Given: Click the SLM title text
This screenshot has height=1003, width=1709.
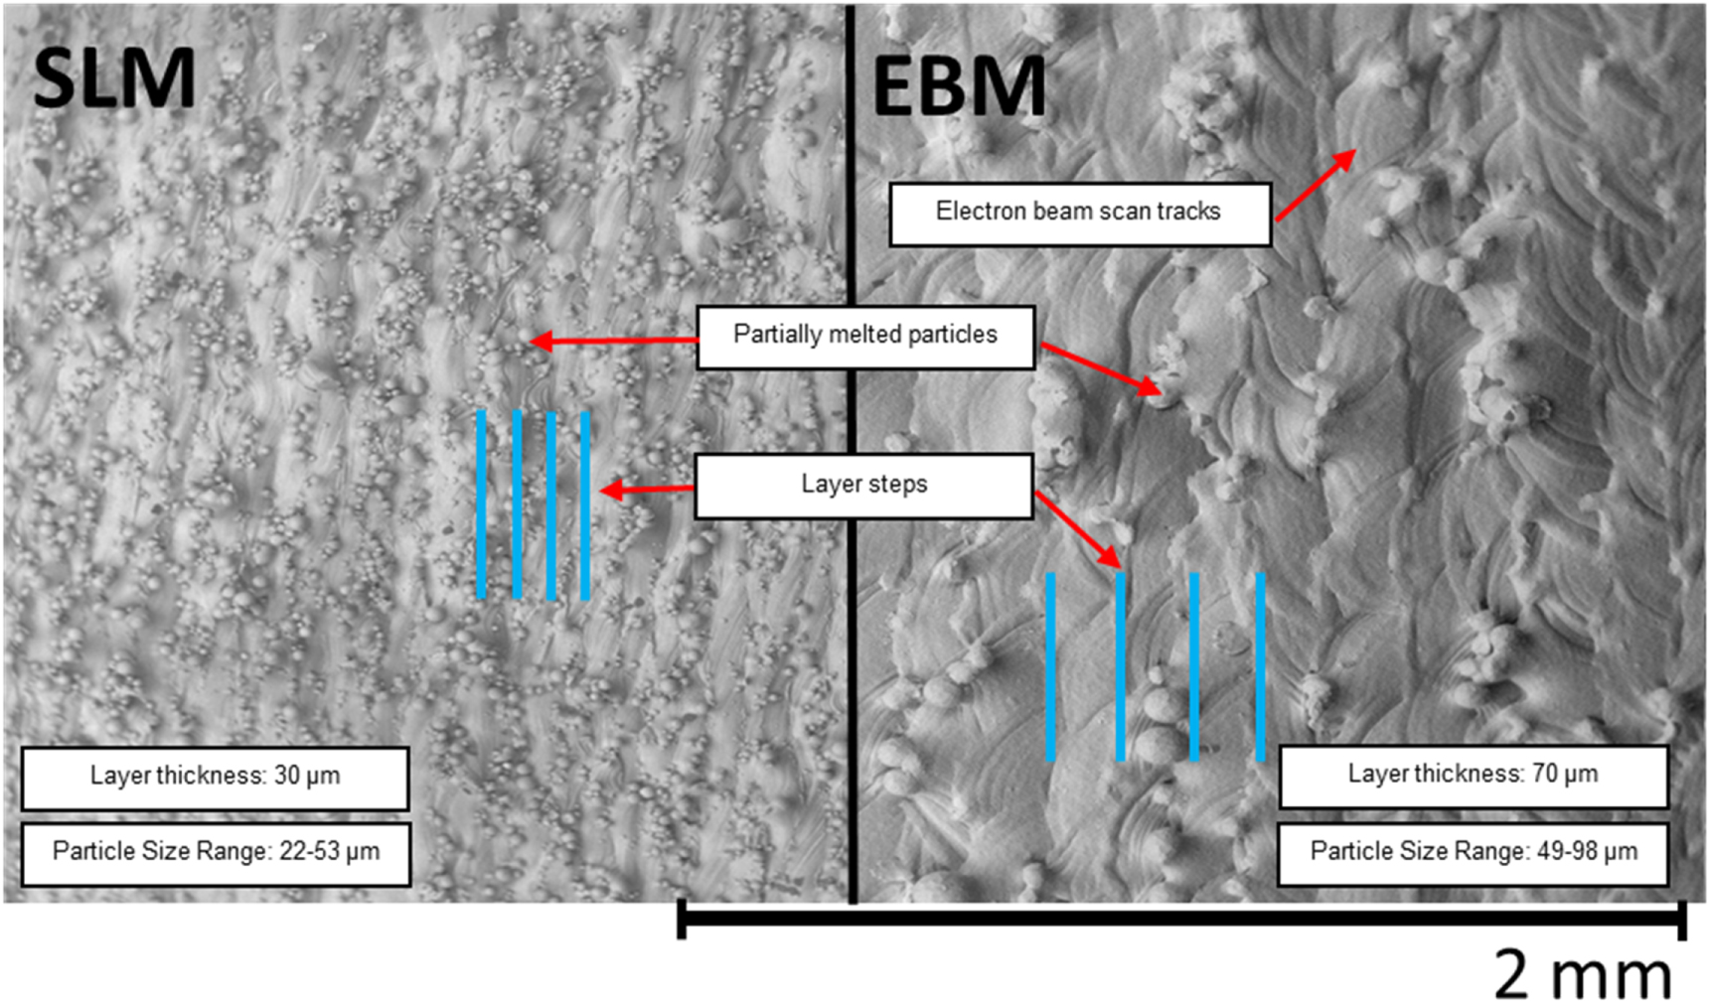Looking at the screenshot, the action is coord(114,78).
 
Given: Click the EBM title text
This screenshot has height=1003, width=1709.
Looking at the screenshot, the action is coord(959,86).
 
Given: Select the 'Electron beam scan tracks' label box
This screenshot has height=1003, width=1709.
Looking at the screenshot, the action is coord(1080,214).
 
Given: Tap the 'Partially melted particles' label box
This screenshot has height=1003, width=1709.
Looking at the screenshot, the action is coord(865,337).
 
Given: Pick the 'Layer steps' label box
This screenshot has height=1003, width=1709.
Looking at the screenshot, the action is coord(863,486).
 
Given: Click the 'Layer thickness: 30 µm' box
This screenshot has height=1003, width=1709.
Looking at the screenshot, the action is coord(215,779).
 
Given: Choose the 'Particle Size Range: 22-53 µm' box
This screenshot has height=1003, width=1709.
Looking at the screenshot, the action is coord(216,854).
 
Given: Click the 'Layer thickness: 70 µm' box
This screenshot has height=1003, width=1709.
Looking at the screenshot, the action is coord(1473,777).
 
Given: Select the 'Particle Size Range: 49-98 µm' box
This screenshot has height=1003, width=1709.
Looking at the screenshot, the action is coord(1473,853).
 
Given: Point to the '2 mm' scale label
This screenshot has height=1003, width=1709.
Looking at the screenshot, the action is coord(1584,975).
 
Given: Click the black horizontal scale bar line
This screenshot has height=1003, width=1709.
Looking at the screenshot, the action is coord(1181,919).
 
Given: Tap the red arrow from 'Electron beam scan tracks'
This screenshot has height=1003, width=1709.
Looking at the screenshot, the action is coord(1316,185).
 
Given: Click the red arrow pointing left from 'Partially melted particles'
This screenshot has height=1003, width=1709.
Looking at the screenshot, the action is coord(613,342).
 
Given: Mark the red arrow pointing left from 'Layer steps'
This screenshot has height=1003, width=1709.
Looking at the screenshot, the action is coord(647,490).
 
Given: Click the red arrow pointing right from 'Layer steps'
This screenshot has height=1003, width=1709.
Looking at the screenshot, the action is coord(1078,529).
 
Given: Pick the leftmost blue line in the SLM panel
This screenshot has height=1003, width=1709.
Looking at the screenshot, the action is coord(481,504).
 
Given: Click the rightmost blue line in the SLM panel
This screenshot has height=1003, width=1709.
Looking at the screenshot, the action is coord(585,505).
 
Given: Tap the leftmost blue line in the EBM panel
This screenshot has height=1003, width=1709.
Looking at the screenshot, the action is coord(1050,666).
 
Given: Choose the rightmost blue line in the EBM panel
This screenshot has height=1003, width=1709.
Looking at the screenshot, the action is coord(1260,666).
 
